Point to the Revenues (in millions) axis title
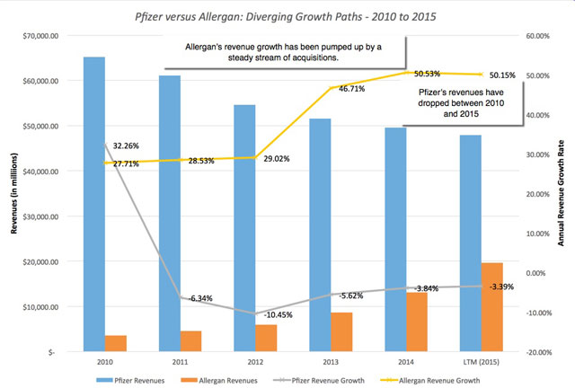11,192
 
